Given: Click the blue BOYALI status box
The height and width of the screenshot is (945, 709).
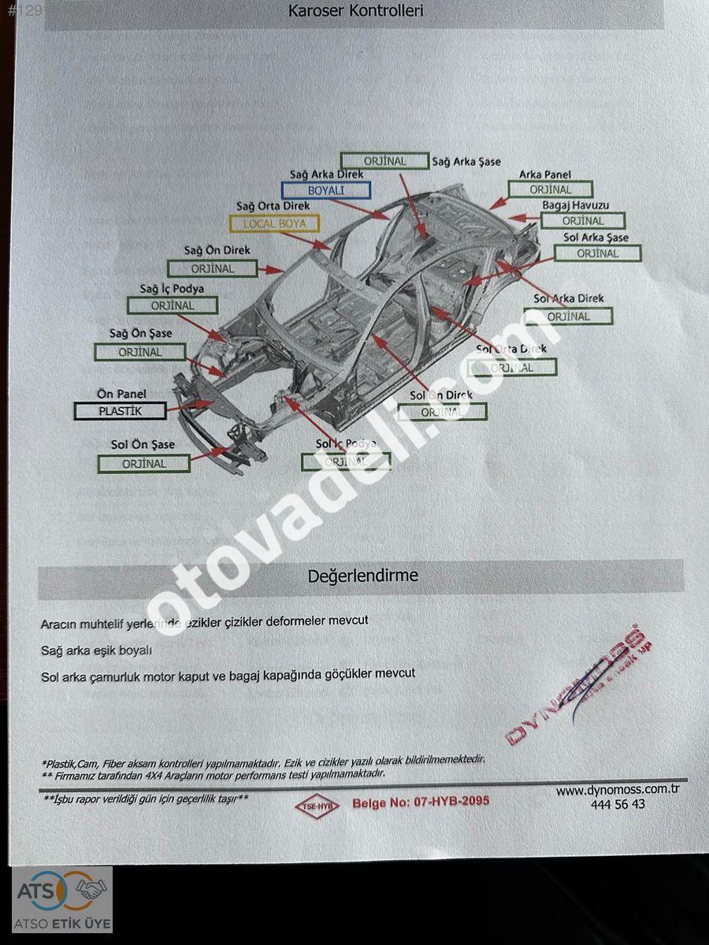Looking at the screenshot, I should (x=326, y=190).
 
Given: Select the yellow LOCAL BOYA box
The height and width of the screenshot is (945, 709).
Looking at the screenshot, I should (x=274, y=224).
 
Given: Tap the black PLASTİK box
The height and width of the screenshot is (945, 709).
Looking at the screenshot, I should (x=121, y=410).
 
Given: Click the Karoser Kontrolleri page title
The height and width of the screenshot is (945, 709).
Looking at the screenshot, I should (x=356, y=11).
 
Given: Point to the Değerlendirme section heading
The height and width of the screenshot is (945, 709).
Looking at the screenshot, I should (x=362, y=576).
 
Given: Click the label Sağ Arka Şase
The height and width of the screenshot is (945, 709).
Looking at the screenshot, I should (x=466, y=161).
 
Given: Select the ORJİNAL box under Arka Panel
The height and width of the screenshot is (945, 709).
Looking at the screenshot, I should (x=550, y=190).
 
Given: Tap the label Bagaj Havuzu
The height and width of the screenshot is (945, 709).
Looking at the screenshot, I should (x=575, y=206).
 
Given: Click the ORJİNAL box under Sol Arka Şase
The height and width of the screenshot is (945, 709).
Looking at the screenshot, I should (x=598, y=254).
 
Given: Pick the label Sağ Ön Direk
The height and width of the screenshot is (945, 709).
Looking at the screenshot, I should (x=217, y=250).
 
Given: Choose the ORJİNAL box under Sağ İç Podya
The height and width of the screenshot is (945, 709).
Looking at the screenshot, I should (x=173, y=306).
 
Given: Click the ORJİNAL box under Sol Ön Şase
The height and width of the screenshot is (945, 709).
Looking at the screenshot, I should (x=144, y=464).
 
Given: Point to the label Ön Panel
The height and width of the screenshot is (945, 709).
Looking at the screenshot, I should (x=121, y=394).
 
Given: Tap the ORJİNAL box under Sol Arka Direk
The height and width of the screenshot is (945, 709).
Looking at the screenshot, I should (x=568, y=317).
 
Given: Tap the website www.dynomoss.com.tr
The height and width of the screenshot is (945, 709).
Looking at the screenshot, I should (x=618, y=790).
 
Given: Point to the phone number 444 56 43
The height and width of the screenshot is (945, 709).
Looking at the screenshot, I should (x=618, y=804).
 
